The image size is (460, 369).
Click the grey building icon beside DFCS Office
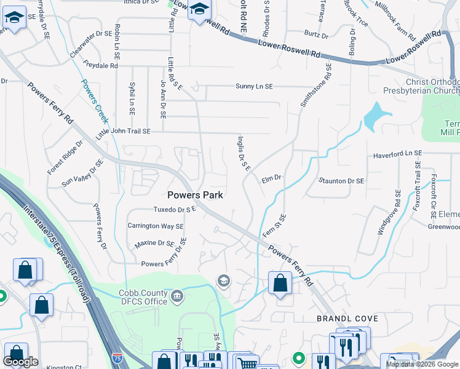click(x=178, y=296)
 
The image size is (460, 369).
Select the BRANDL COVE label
click(x=343, y=319)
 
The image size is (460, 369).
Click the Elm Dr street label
click(x=271, y=178)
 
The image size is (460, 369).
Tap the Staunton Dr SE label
click(x=341, y=181)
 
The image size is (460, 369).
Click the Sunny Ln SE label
click(x=253, y=87)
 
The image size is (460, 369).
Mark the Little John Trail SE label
click(x=123, y=132)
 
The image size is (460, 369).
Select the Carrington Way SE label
click(x=156, y=226)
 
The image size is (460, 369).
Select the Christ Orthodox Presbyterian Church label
click(x=432, y=87)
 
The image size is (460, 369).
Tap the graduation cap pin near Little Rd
click(x=199, y=10)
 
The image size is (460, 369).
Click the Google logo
click(x=20, y=362)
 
